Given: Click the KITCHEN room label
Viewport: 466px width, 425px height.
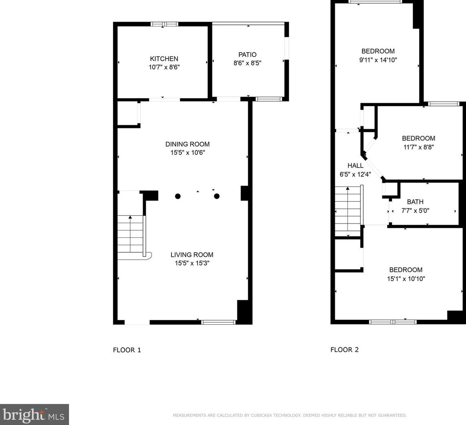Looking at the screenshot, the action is [x=164, y=59].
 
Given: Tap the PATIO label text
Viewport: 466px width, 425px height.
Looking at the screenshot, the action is [x=247, y=55].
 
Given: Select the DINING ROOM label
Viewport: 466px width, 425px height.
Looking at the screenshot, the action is [x=188, y=144].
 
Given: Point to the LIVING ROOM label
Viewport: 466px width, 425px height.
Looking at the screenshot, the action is [x=192, y=255].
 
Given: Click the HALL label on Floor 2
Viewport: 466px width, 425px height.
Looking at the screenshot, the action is [x=355, y=165].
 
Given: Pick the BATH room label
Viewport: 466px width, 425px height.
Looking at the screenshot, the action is [x=415, y=202].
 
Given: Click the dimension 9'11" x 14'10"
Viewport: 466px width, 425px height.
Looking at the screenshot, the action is [x=378, y=60].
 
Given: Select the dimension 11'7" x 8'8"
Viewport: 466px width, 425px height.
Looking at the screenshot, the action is [x=418, y=147].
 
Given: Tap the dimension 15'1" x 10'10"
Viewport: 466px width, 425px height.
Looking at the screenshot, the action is [x=406, y=279].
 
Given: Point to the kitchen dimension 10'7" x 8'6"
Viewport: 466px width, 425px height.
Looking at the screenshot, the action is [x=164, y=67].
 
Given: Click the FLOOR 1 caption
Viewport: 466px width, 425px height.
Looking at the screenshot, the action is [x=127, y=350].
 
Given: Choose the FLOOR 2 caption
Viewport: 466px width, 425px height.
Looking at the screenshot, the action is [x=345, y=350].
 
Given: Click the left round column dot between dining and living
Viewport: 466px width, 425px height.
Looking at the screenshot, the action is [x=178, y=196].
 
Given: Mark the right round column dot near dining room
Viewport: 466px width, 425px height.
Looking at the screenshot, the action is [x=217, y=196].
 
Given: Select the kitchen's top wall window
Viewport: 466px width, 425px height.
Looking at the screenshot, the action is [x=165, y=24].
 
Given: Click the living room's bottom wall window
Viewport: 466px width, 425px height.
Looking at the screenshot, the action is [x=219, y=322].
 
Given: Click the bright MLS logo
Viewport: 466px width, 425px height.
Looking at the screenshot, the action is [x=35, y=414].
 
